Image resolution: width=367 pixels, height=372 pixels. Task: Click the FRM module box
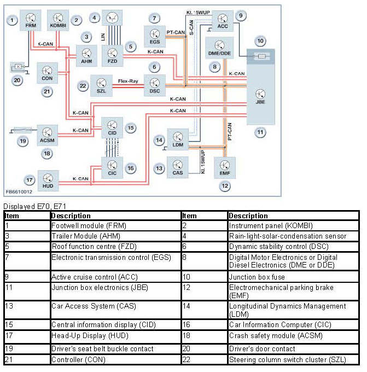pyautogui.click(x=30, y=20)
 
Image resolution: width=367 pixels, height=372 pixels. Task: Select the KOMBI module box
pyautogui.click(x=58, y=20)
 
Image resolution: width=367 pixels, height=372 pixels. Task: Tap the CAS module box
pyautogui.click(x=178, y=165)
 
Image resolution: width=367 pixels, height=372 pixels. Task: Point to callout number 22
pyautogui.click(x=83, y=85)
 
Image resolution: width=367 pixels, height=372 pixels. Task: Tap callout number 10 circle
pyautogui.click(x=260, y=40)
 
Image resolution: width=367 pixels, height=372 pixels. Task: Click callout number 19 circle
pyautogui.click(x=22, y=141)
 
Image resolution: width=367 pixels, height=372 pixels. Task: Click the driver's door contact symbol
pyautogui.click(x=18, y=67)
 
